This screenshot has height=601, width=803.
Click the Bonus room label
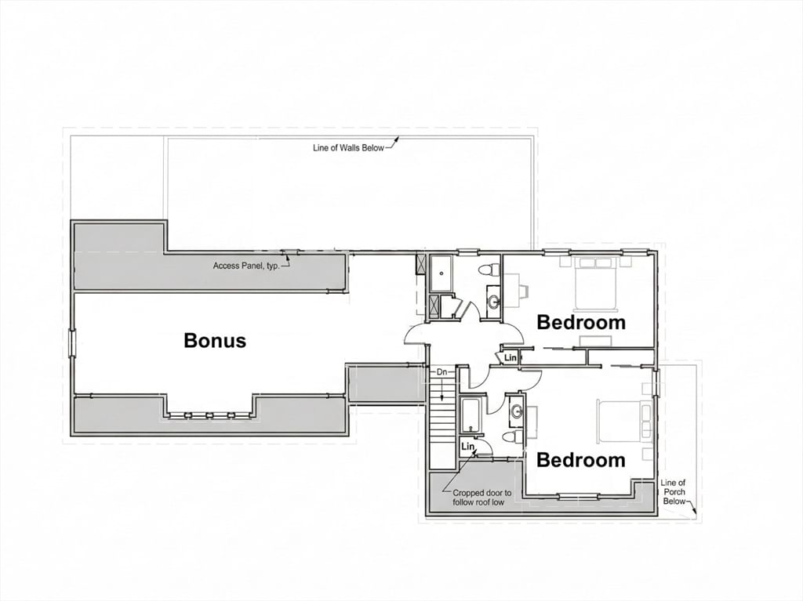tap(215, 341)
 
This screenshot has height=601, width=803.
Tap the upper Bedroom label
tap(581, 322)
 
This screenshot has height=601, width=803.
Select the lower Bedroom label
tap(581, 460)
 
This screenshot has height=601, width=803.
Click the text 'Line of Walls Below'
tap(349, 147)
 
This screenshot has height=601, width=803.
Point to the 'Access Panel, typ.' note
tap(245, 266)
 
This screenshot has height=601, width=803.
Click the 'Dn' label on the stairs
tap(441, 373)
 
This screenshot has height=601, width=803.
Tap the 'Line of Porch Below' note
tap(674, 492)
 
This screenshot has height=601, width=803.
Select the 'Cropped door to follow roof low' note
tap(481, 498)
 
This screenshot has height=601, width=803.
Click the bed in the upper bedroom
tap(601, 284)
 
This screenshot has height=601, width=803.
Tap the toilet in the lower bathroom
tap(510, 437)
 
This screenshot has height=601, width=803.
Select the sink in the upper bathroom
tap(494, 301)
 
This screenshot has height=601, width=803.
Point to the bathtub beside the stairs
tap(471, 416)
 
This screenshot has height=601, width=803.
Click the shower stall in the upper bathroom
tap(441, 273)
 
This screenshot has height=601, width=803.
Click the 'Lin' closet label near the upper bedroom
tap(511, 357)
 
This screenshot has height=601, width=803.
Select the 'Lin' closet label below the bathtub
tap(468, 447)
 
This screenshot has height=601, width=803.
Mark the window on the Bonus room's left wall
tap(72, 342)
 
